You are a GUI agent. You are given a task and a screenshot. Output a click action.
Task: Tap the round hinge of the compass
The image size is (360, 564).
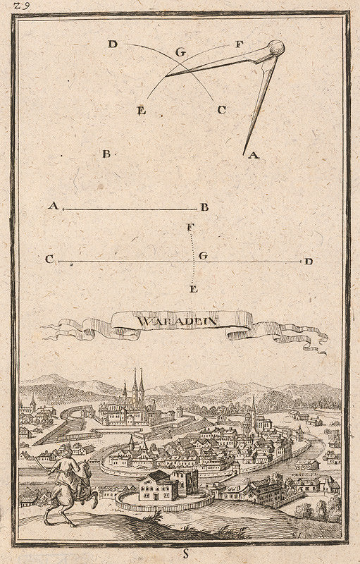coord(275,48)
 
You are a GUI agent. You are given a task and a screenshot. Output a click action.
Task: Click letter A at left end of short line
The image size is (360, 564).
coord(52,206)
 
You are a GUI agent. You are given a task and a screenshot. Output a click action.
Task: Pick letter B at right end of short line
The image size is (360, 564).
coord(204,207)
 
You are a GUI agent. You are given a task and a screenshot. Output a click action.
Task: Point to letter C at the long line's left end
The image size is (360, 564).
coord(49,259)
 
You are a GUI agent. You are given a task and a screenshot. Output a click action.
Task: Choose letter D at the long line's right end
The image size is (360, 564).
coord(308,262)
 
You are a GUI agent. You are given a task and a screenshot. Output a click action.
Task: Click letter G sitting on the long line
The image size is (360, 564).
coord(203,256)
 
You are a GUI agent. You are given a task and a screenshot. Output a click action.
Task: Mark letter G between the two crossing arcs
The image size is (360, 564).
coord(180,51)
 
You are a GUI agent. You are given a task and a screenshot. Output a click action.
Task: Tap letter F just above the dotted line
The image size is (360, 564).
coord(190,227)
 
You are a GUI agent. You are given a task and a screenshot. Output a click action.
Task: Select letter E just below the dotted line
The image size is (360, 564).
coord(194,289)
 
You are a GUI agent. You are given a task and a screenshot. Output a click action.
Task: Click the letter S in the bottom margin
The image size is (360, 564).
coord(186,554)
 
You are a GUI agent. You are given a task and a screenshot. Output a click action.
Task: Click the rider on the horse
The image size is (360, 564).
coord(68,486)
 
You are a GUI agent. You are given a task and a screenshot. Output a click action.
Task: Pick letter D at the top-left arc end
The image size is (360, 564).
coord(112,44)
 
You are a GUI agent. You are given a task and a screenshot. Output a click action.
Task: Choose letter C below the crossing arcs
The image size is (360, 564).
coord(221,109)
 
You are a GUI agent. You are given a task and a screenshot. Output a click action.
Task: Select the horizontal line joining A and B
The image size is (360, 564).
coord(130,209)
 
